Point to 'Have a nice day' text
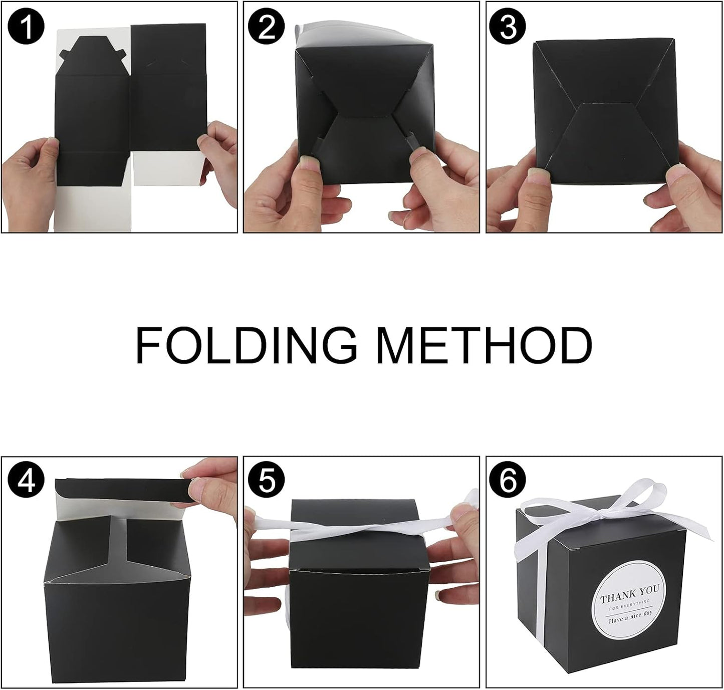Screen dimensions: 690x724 coord(630,620)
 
